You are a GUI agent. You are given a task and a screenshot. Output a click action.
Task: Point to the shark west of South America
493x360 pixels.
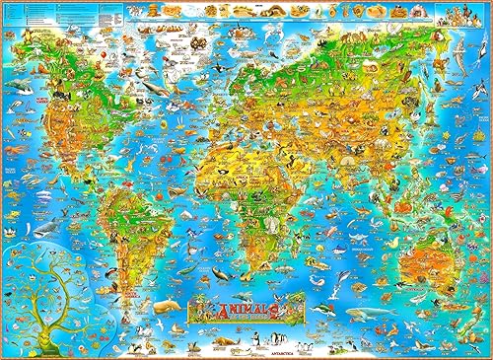tap(45, 228)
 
